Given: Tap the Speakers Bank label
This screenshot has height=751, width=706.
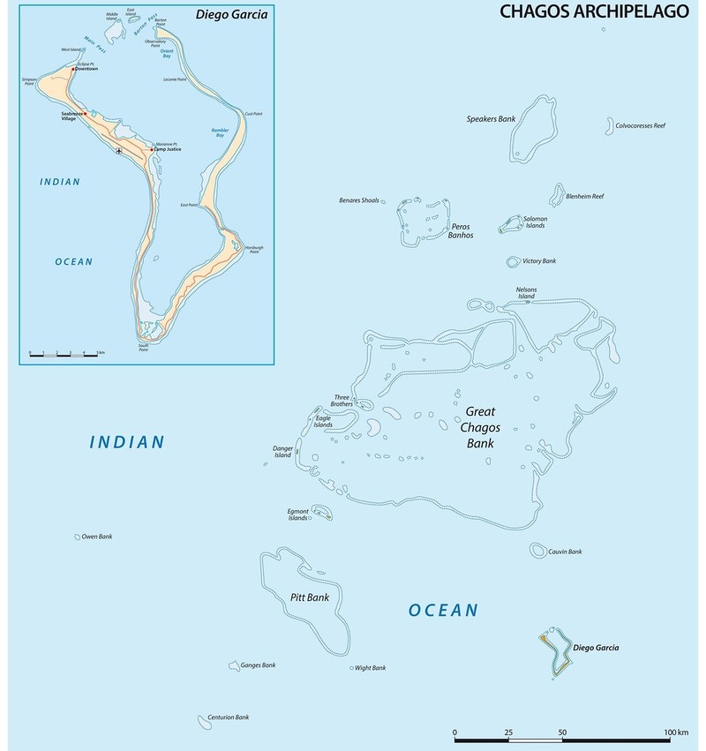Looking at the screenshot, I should point(491,118).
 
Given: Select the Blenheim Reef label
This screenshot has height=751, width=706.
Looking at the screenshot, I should point(584,196).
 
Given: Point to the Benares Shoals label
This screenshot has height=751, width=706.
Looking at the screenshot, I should point(359,200).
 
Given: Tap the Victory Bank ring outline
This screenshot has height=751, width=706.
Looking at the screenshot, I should point(513,261).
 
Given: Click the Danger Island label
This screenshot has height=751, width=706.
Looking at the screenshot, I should point(282,452).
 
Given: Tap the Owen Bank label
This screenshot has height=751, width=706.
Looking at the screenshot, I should point(97,537).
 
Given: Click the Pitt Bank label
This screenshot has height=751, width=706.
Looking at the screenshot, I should point(309,597).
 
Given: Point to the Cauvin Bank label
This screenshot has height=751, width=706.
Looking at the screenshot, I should point(565,552).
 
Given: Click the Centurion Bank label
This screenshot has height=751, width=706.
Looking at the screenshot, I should point(229,717).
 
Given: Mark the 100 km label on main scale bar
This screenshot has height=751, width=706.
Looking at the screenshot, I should point(676,733).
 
